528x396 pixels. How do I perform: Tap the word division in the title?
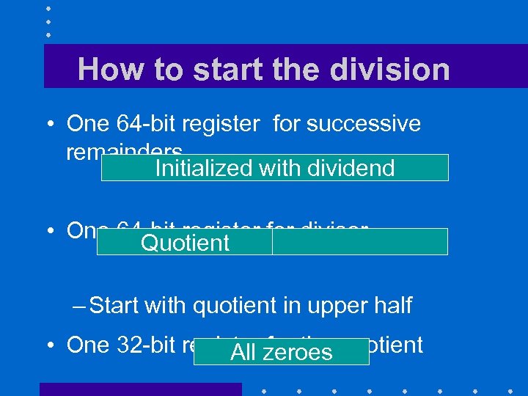(390, 70)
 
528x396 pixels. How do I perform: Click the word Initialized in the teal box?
(204, 168)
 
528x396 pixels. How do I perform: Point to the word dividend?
(351, 168)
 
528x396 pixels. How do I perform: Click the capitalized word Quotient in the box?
(185, 243)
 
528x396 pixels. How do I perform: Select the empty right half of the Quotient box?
(359, 242)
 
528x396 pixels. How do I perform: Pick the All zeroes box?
(281, 352)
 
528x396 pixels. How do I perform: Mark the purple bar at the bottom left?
(140, 389)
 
